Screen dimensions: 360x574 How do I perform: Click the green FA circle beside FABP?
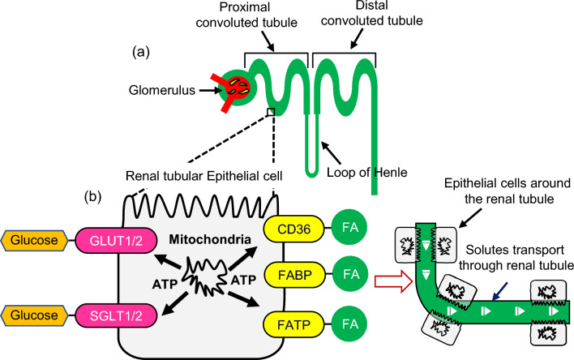pos(347,274)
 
